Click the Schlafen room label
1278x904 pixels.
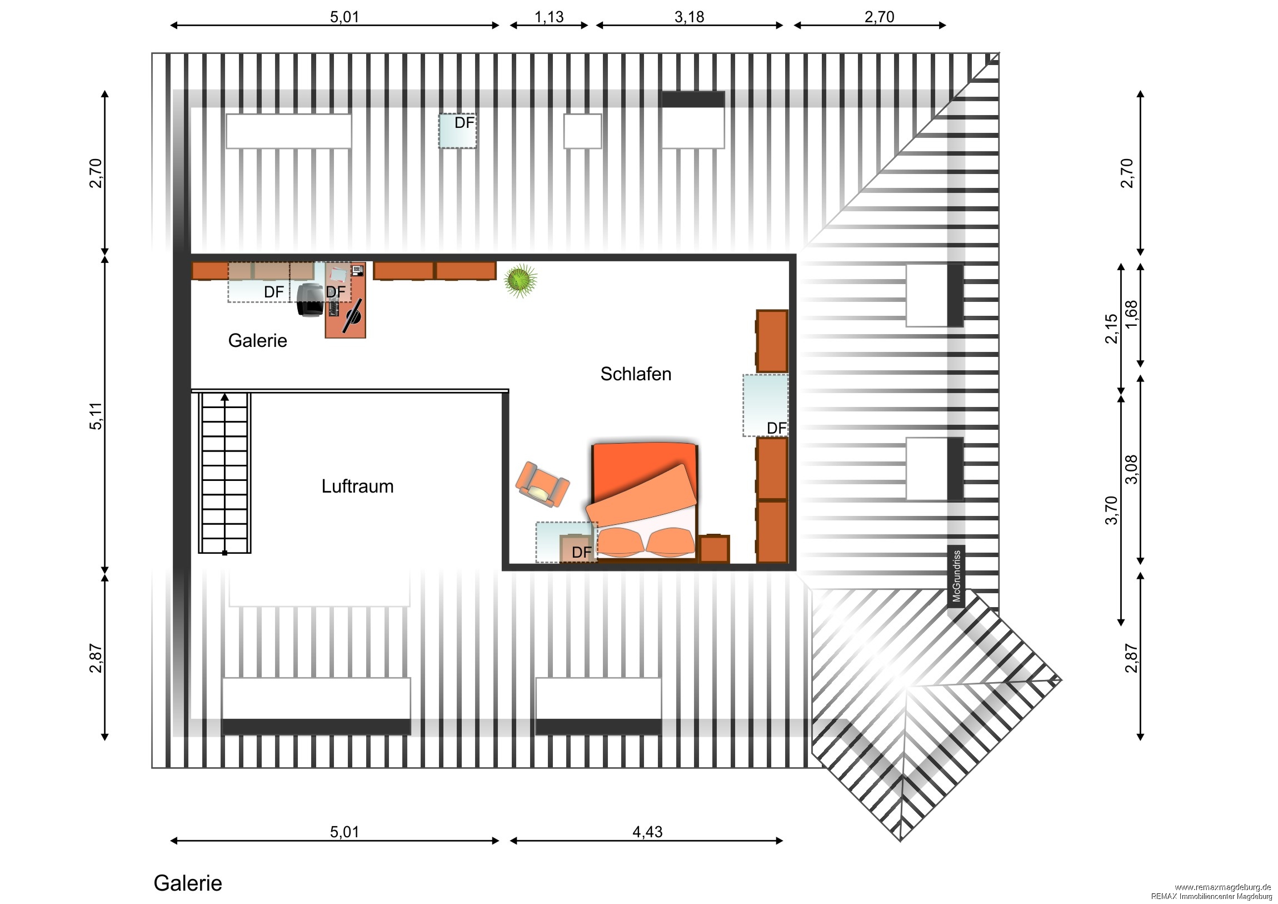[x=636, y=374]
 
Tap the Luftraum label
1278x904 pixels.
[x=357, y=486]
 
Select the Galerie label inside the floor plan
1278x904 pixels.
[x=258, y=340]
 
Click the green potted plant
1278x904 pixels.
[x=521, y=280]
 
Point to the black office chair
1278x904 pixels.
[x=310, y=300]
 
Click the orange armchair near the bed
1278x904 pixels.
[x=543, y=485]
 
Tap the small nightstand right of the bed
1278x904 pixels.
[x=714, y=549]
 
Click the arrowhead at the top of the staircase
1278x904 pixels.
[x=225, y=397]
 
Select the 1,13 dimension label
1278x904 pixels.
[x=549, y=17]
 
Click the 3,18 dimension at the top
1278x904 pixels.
[x=689, y=17]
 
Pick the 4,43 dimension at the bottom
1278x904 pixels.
[x=647, y=832]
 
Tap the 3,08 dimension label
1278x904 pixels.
[x=1131, y=470]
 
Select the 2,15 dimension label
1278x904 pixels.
[x=1111, y=329]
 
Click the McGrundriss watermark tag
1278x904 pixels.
[x=956, y=576]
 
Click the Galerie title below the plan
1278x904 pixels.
[x=188, y=883]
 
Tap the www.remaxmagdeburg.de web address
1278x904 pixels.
[x=1224, y=887]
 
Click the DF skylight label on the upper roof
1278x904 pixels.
[x=464, y=122]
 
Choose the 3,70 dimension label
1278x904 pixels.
[x=1111, y=510]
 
